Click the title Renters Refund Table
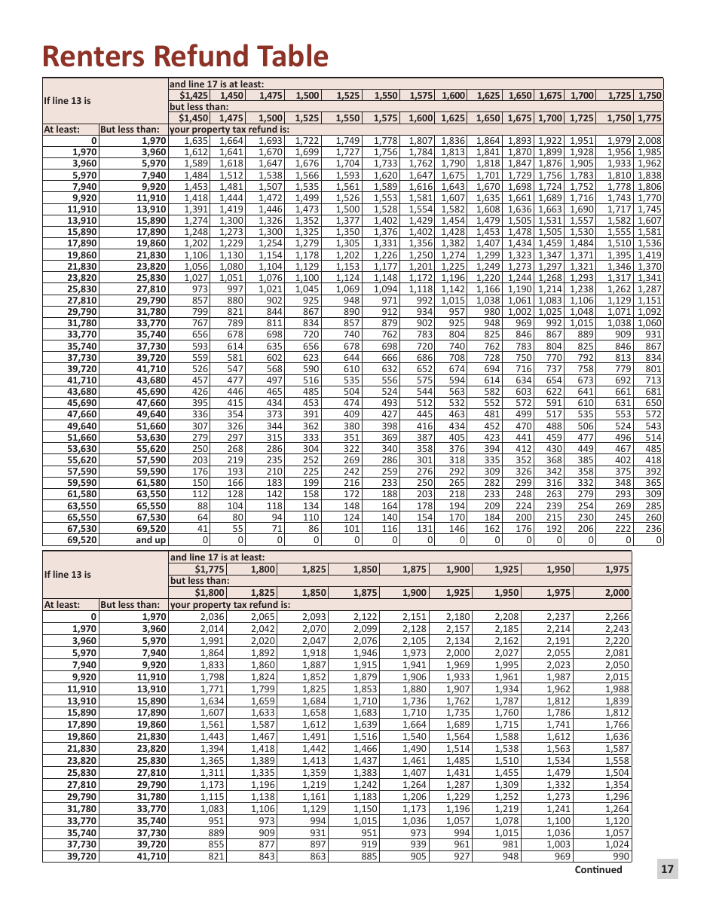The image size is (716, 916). (x=185, y=56)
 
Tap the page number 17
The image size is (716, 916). (x=667, y=869)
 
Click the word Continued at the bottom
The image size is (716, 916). (x=598, y=869)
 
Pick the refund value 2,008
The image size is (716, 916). (x=649, y=141)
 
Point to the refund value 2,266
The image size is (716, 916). (x=617, y=616)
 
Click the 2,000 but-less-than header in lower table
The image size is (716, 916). (x=617, y=593)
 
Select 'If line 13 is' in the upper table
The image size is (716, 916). (x=67, y=101)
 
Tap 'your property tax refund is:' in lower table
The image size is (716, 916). (x=230, y=604)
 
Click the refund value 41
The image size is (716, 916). (x=202, y=529)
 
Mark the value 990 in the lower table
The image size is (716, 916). (x=620, y=856)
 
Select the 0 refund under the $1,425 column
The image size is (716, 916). (x=205, y=540)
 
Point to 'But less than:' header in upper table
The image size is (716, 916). (x=130, y=130)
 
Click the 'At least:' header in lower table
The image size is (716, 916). (x=61, y=604)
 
